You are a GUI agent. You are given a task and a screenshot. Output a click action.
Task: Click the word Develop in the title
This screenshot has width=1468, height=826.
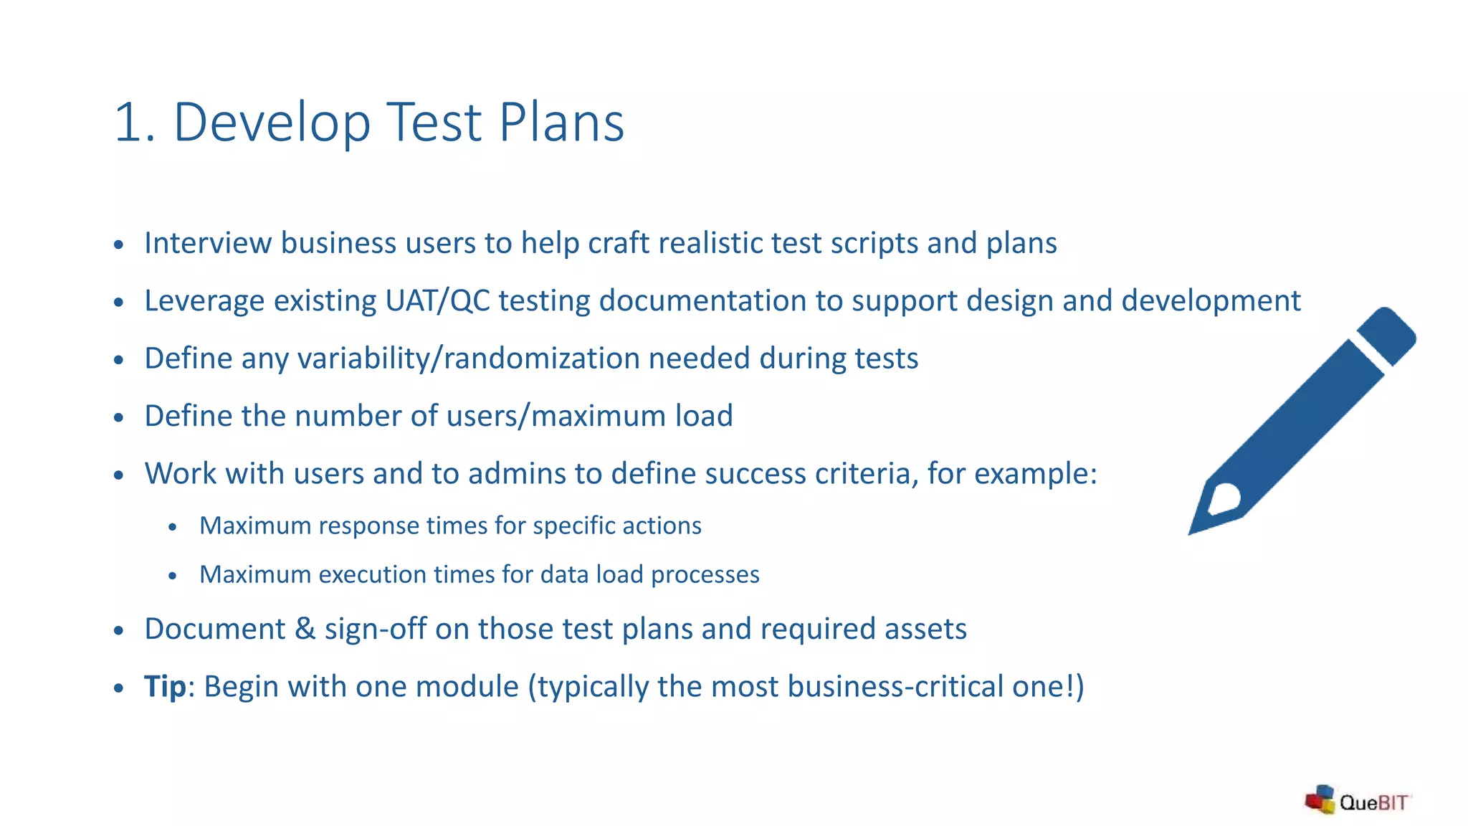click(x=272, y=123)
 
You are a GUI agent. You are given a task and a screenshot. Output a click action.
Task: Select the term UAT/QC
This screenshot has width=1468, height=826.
click(x=437, y=300)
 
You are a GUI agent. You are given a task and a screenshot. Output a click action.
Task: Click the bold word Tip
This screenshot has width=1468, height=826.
click(x=165, y=686)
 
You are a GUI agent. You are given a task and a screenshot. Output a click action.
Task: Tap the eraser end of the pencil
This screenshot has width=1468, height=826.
click(x=1387, y=334)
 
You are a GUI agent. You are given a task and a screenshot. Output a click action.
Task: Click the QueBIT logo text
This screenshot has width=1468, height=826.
click(x=1373, y=802)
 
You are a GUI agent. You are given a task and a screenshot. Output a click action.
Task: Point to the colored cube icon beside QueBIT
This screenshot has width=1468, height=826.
click(x=1320, y=799)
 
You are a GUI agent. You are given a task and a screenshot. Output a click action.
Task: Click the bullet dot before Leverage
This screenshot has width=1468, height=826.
click(x=119, y=302)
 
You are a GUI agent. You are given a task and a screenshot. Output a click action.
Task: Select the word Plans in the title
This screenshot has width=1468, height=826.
click(x=561, y=123)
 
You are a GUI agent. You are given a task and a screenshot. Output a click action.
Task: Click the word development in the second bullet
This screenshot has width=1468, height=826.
click(x=1211, y=300)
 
